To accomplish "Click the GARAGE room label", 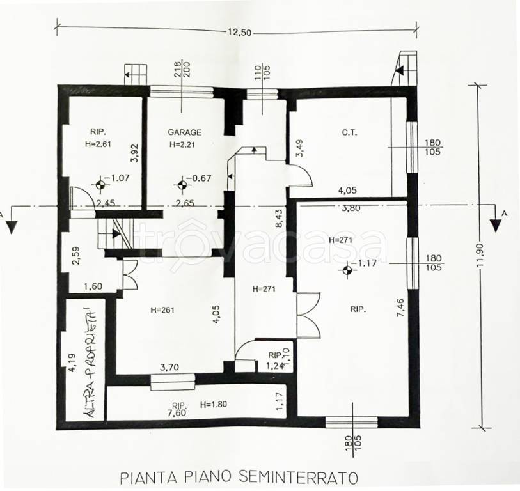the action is pos(184,132).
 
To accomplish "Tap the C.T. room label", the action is pos(349,133).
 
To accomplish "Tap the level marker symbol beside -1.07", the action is pos(100,185).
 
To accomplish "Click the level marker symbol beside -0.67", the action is pos(182,185).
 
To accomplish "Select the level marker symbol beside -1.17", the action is pos(347,270).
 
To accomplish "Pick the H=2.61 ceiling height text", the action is pos(98,144).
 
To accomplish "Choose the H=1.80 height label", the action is pos(214,404).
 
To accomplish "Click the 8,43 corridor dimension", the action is pos(279,218).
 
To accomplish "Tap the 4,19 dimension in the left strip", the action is pos(73,363).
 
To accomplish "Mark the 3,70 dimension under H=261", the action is pos(169,367).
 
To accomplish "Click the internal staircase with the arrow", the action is pos(115,233).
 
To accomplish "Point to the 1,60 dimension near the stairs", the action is pos(93,286).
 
